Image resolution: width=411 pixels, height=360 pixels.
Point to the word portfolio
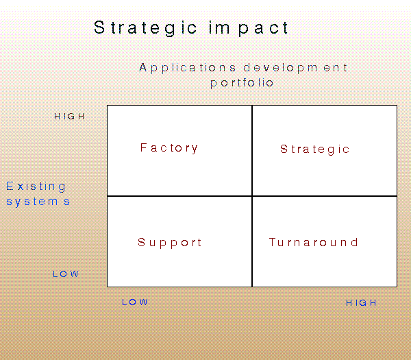tap(242, 83)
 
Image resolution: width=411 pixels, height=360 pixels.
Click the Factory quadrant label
tap(169, 148)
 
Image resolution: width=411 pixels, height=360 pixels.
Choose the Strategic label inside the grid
tap(315, 149)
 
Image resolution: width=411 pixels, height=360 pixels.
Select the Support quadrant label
tap(170, 243)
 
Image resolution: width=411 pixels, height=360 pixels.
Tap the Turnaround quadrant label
tap(314, 243)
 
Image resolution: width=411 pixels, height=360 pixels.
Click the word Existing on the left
tap(36, 187)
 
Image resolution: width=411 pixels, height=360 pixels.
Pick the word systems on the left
tap(38, 202)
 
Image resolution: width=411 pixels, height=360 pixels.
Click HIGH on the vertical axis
tap(70, 117)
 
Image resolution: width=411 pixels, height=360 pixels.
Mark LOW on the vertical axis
tap(66, 274)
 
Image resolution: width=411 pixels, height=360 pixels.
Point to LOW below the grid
tap(135, 302)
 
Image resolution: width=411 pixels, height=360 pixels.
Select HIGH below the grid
tap(361, 303)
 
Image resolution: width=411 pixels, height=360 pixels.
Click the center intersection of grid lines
tap(252, 196)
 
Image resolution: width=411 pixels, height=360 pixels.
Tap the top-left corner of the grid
tap(108, 106)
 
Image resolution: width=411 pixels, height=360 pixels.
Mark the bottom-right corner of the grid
tap(397, 286)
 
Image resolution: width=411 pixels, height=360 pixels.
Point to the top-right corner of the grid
tap(397, 106)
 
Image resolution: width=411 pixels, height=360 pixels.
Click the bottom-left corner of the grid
tap(108, 286)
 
